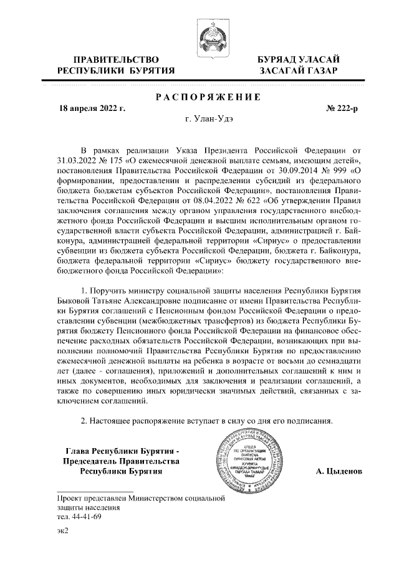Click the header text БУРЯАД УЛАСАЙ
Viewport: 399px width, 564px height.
pyautogui.click(x=300, y=59)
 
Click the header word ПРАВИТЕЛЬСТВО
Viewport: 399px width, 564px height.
pyautogui.click(x=112, y=59)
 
